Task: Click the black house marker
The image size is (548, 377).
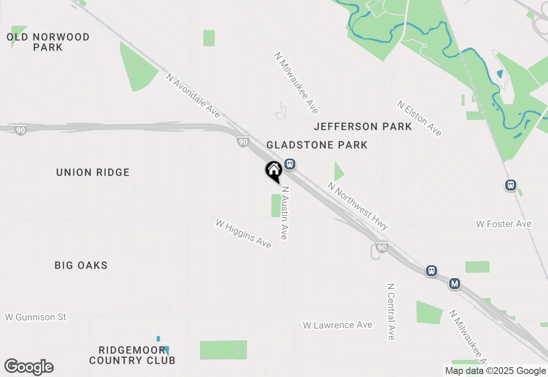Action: click(x=274, y=171)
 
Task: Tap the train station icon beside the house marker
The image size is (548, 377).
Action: click(x=290, y=164)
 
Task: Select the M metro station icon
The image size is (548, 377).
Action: click(x=455, y=284)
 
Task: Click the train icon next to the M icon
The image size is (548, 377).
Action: click(x=432, y=271)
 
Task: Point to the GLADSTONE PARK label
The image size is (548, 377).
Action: click(x=317, y=145)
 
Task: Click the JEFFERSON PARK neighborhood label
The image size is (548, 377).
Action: click(x=363, y=127)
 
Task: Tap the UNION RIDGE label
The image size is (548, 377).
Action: click(x=93, y=173)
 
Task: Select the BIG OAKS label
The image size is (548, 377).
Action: click(x=81, y=266)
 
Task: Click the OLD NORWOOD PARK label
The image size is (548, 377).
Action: click(x=48, y=42)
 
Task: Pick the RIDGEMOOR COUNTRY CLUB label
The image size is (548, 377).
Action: click(x=132, y=355)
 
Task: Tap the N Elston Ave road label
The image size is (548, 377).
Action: click(x=419, y=118)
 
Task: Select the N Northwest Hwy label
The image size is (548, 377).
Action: click(x=358, y=206)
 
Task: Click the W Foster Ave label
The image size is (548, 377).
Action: click(x=503, y=224)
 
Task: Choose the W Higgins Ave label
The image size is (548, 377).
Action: click(x=244, y=234)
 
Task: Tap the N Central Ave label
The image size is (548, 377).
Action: click(x=390, y=311)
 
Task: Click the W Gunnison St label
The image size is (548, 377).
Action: click(x=36, y=317)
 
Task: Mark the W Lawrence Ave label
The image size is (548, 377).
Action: click(x=337, y=325)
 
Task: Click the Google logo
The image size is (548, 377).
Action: click(x=29, y=367)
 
